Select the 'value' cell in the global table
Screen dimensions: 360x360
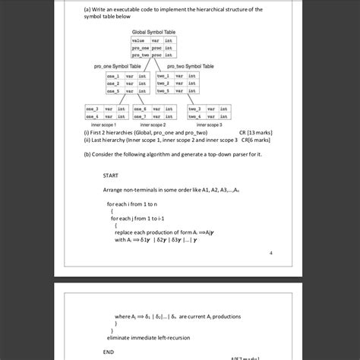(138, 39)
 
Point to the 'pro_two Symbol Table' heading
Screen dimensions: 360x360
(190, 67)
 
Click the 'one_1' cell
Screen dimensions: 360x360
(113, 76)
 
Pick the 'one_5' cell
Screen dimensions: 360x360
(113, 90)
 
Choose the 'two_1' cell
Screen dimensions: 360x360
(163, 76)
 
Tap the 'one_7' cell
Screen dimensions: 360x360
(141, 116)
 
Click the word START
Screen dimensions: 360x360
(110, 175)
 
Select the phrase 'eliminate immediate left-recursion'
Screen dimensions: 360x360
(150, 336)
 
